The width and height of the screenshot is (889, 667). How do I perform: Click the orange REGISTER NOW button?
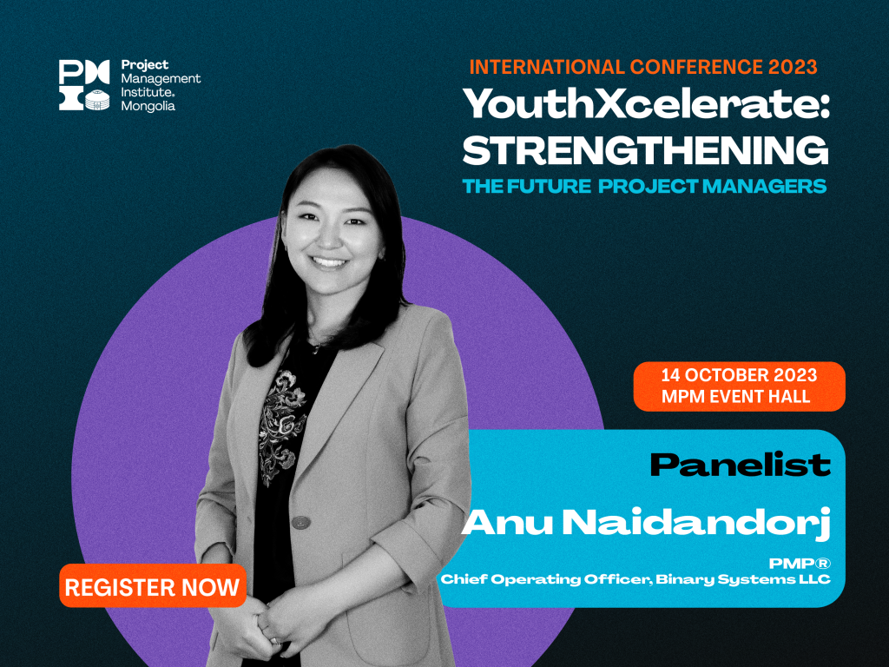click(153, 586)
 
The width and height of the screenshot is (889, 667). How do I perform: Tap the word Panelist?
click(740, 466)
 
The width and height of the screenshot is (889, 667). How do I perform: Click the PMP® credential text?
click(800, 563)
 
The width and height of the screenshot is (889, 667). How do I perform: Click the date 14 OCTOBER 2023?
click(740, 375)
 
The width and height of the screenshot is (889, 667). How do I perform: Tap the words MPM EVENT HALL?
click(736, 396)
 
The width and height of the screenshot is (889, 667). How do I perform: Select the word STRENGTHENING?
click(646, 149)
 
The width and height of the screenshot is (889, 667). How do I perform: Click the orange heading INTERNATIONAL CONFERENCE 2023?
click(643, 67)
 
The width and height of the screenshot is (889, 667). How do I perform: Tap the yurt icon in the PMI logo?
click(97, 100)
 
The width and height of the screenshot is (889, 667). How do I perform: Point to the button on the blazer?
click(301, 521)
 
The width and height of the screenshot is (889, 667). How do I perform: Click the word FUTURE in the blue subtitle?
click(549, 186)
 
